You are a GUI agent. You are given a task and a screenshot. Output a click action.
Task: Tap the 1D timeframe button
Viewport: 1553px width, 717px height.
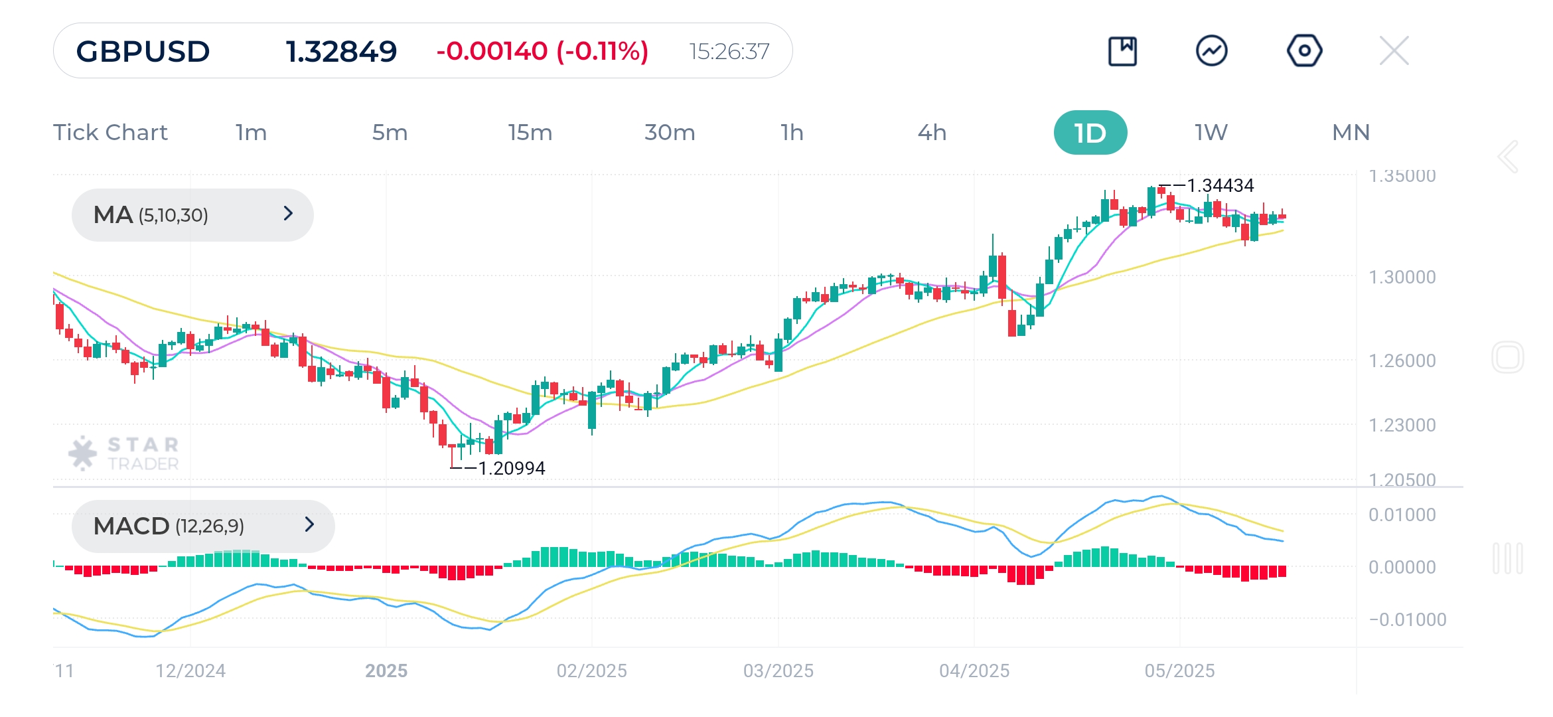click(1090, 133)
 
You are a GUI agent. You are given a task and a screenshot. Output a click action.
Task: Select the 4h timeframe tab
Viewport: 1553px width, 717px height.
click(932, 133)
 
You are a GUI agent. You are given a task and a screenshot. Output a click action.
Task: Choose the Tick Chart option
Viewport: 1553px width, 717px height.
click(110, 133)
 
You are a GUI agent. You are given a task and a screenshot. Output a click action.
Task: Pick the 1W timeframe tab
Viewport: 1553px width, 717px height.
click(1211, 133)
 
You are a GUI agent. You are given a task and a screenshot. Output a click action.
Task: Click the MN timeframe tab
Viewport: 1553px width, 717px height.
click(1351, 133)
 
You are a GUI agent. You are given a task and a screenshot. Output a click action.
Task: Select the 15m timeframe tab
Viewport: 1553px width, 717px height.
click(530, 133)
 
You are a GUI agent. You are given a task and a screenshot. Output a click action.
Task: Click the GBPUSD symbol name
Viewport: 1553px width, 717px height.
click(143, 51)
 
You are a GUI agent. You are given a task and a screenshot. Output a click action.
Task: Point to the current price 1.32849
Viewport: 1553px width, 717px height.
click(341, 51)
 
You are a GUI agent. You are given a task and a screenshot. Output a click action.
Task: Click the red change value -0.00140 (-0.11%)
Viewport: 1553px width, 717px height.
click(542, 51)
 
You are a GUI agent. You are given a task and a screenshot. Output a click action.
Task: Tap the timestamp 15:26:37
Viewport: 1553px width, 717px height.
click(729, 51)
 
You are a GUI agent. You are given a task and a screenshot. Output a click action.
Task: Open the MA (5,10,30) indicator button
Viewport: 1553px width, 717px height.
click(192, 214)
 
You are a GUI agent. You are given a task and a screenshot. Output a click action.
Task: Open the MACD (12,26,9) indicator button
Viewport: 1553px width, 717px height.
click(203, 526)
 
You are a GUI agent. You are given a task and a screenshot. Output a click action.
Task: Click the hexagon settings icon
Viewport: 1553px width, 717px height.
click(1304, 50)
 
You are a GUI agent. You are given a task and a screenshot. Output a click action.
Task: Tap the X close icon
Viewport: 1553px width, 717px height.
click(1394, 50)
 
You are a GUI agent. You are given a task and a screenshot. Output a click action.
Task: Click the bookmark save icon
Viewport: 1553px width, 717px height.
click(1122, 50)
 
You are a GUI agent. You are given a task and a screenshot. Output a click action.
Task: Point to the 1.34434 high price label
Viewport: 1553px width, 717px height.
click(1220, 185)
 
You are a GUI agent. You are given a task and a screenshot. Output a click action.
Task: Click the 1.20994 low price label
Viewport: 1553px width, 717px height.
click(511, 468)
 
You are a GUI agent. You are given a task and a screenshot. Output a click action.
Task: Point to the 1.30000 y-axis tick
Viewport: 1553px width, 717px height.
click(1402, 277)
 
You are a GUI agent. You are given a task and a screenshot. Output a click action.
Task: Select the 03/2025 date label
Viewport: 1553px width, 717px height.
click(778, 671)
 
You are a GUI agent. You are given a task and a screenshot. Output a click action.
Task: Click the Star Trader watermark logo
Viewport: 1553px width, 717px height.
click(124, 453)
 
